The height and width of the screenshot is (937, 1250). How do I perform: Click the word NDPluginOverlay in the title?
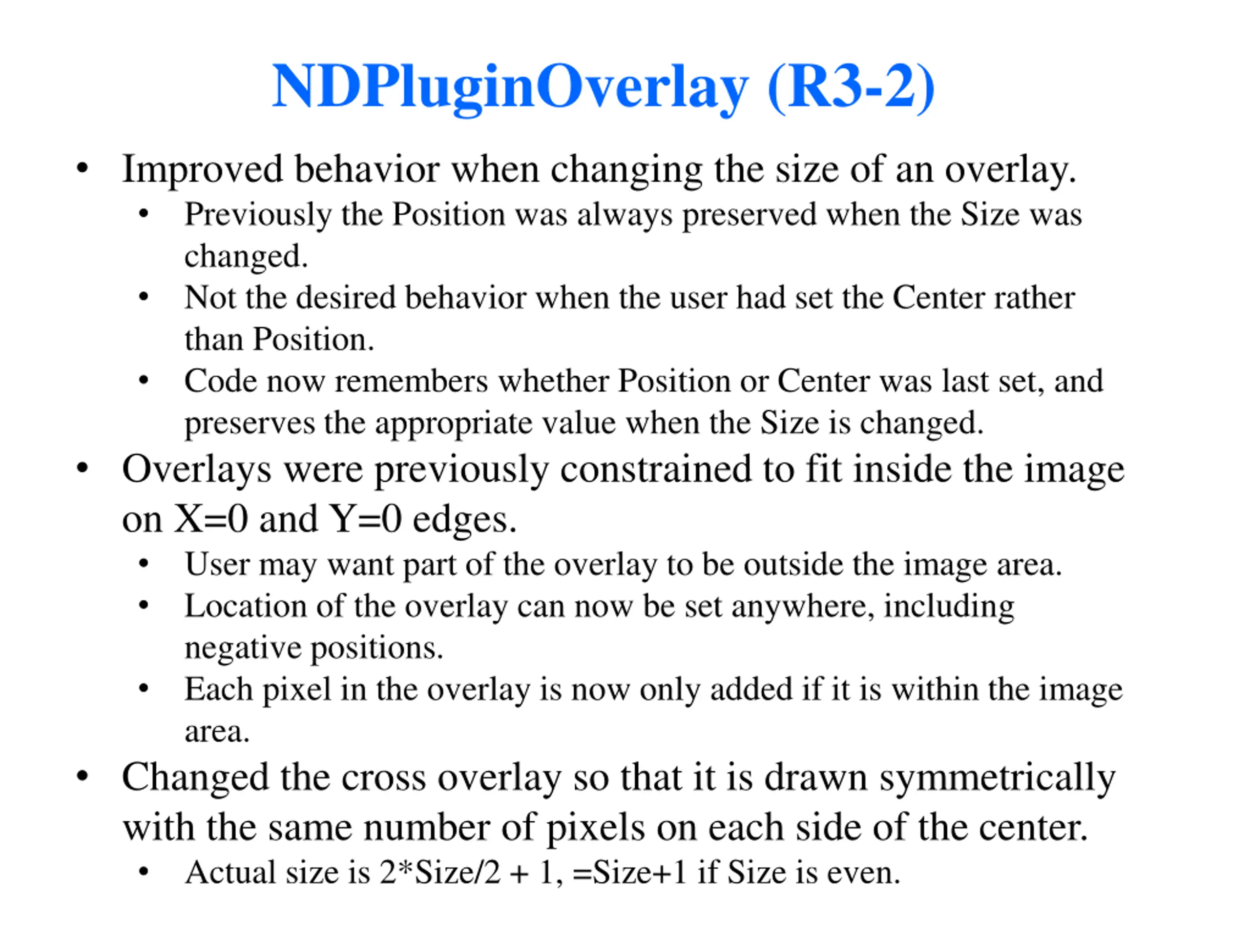tap(510, 87)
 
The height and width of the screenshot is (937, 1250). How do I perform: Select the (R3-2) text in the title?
tap(851, 87)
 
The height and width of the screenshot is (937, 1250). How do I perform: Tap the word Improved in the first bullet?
tap(202, 169)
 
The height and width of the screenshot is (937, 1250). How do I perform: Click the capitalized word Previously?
tap(258, 216)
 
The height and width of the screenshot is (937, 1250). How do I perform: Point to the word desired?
tap(345, 298)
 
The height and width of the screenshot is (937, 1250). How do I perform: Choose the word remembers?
tap(412, 381)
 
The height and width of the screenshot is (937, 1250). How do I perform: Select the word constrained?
tap(655, 470)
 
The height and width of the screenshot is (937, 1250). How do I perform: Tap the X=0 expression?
tap(211, 519)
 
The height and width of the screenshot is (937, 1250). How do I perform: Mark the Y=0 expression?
tap(366, 519)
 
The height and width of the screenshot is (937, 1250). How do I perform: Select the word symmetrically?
tap(998, 778)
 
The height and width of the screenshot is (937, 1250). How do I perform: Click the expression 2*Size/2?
tap(439, 873)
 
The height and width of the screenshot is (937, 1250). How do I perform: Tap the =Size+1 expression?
tap(629, 873)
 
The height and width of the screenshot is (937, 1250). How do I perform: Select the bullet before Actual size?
tap(144, 872)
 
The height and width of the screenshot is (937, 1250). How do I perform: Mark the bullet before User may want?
tap(144, 564)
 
